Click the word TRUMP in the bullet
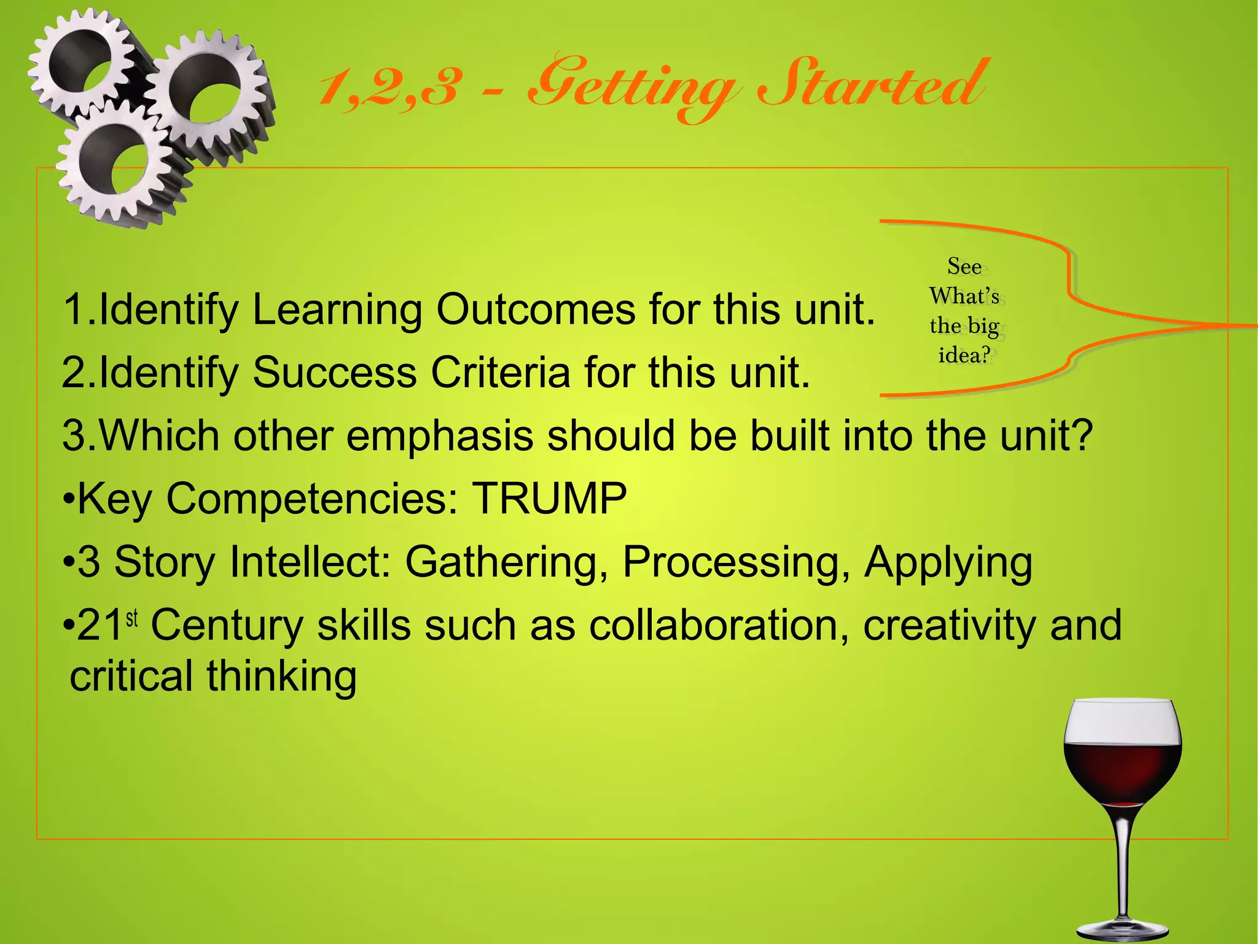pos(549,498)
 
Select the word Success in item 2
pos(335,372)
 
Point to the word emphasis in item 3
pos(439,436)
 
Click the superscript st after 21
pos(132,618)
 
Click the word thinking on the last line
pos(281,677)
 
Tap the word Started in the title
pos(872,86)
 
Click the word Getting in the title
pos(633,89)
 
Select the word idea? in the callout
pos(964,355)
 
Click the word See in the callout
pos(964,266)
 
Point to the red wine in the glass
pos(1122,771)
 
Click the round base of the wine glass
pos(1122,928)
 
